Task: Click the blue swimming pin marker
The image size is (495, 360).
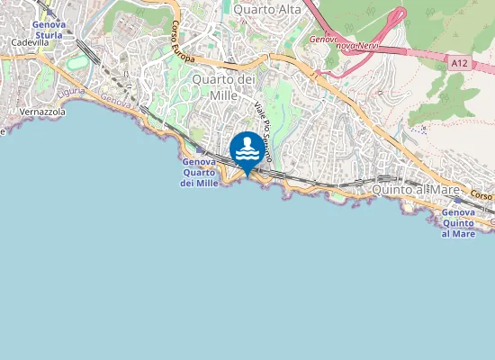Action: tap(247, 150)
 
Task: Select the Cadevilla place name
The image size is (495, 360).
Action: tap(30, 42)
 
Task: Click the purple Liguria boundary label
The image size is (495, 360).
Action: tap(70, 93)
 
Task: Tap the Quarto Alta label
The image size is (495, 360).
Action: tap(267, 9)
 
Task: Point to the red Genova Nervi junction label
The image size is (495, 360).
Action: tap(346, 41)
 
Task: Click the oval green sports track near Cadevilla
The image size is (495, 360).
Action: tap(78, 62)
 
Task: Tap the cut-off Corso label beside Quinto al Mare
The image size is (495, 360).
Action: tap(481, 195)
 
